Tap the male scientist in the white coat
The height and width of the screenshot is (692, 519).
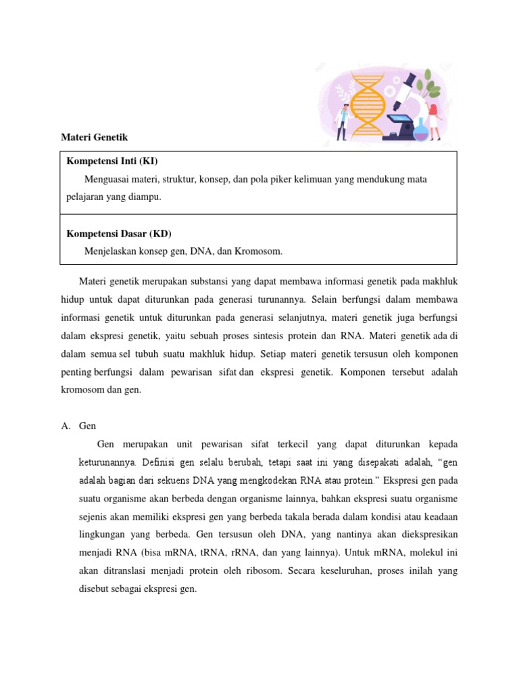click(343, 121)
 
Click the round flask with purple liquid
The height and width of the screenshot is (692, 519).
click(420, 130)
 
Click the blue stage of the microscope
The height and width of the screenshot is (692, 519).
click(405, 121)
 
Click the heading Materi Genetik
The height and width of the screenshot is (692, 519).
click(94, 137)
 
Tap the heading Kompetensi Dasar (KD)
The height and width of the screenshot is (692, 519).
click(118, 234)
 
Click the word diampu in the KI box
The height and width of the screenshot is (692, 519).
click(147, 197)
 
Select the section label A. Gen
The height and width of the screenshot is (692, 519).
click(79, 426)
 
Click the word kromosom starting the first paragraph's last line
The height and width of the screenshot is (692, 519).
click(82, 390)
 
